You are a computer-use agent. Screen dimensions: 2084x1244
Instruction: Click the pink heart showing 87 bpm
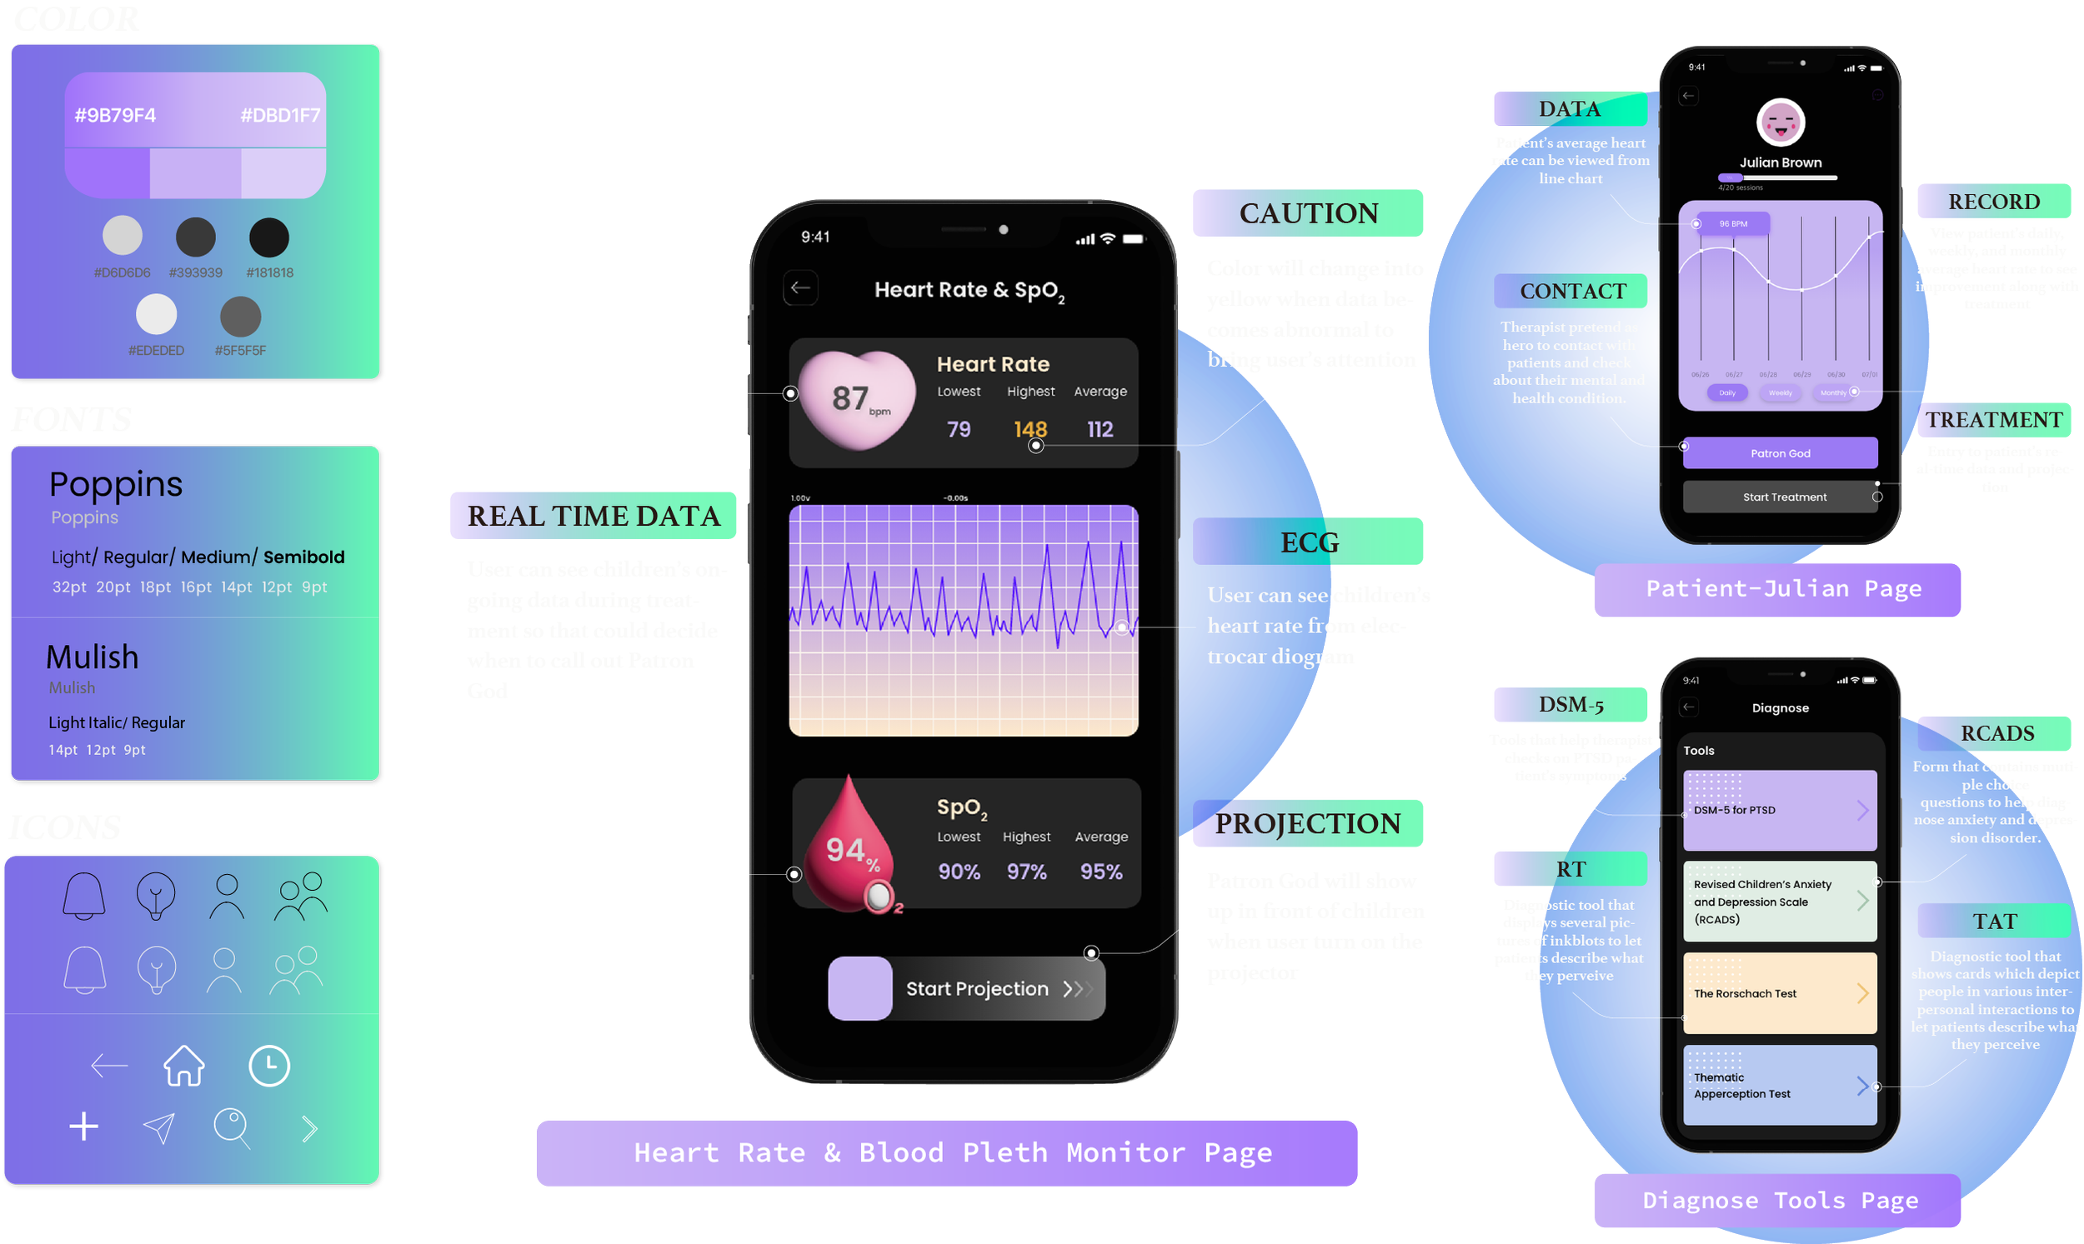[856, 399]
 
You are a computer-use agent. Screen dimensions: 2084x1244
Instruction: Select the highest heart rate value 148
[1029, 429]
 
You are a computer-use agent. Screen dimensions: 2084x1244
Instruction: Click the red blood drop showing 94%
[849, 848]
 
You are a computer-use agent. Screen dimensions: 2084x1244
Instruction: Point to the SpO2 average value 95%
[1100, 872]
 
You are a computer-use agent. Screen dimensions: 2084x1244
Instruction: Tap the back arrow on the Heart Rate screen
[801, 288]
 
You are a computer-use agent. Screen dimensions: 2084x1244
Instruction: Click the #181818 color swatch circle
[269, 237]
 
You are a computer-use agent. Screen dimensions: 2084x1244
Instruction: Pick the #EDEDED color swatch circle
[157, 315]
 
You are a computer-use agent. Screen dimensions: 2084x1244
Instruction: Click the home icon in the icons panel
[183, 1066]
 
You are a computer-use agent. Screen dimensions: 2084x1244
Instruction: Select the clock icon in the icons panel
[269, 1066]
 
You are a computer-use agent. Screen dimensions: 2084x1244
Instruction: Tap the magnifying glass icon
[232, 1127]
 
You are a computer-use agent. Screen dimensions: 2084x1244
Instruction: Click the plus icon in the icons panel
[84, 1127]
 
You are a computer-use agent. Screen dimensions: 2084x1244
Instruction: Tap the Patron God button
[1780, 453]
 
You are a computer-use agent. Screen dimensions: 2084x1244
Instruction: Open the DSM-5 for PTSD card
[1780, 810]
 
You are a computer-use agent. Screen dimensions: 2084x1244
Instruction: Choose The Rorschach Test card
[1780, 993]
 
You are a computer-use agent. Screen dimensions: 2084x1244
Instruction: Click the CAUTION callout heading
[1308, 214]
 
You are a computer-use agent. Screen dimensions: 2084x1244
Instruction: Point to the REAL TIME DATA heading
[594, 517]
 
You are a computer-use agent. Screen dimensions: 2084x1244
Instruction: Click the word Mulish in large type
[93, 657]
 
